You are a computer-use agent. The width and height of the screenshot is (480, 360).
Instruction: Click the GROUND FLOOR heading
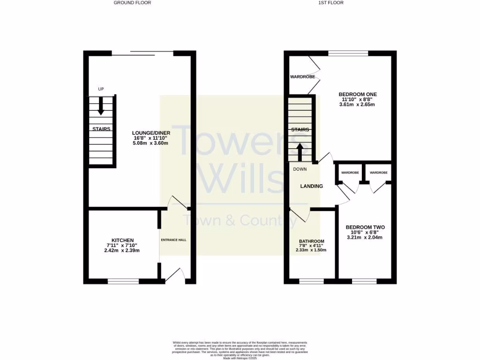(132, 3)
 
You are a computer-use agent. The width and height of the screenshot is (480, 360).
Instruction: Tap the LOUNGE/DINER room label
(151, 133)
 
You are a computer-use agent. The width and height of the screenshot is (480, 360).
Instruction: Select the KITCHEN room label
(122, 240)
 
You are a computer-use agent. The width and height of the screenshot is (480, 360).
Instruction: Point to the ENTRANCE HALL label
(174, 240)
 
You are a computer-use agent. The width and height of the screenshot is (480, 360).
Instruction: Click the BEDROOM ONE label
(358, 94)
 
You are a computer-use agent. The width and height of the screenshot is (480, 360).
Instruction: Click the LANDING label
(312, 186)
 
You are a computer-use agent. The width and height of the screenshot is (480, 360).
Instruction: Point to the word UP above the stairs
(100, 89)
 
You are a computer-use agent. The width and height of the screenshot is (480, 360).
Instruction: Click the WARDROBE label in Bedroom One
(302, 76)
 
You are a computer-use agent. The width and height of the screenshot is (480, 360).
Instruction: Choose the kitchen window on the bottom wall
(123, 281)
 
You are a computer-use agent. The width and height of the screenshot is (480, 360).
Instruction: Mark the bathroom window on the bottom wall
(311, 281)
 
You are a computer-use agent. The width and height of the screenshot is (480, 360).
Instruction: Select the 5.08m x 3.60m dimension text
(151, 143)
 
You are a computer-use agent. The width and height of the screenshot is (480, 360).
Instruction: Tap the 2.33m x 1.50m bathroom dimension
(311, 250)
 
